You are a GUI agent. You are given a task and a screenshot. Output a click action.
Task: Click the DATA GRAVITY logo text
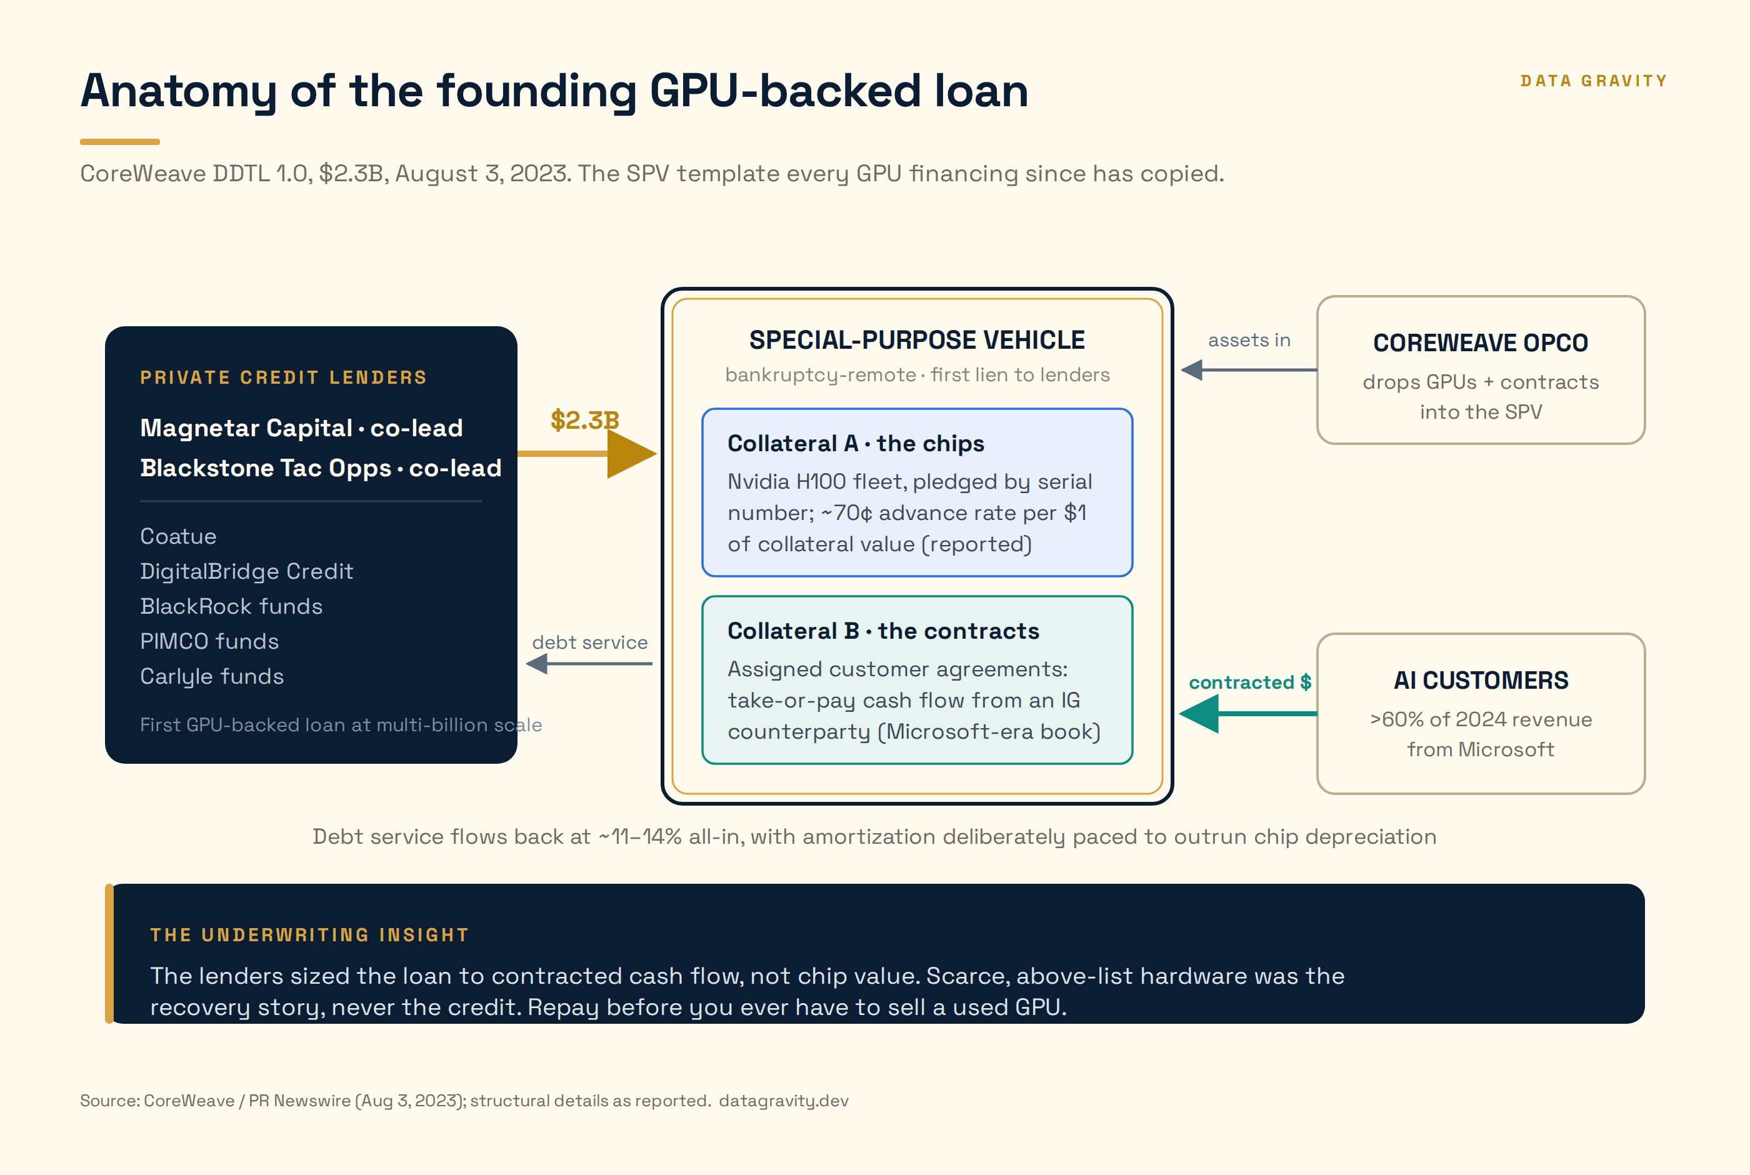click(1593, 81)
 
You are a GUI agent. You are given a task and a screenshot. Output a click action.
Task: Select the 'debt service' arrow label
click(589, 642)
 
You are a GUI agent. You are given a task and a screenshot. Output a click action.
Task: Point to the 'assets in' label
click(1249, 340)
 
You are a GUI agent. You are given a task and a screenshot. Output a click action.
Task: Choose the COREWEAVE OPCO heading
click(1480, 342)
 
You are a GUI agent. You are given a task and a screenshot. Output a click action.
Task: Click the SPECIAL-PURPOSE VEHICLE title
click(917, 339)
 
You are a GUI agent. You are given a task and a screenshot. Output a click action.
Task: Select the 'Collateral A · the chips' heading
click(856, 443)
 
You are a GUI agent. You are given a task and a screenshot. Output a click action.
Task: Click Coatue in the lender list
click(178, 536)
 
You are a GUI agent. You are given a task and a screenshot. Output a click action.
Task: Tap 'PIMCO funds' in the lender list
click(209, 641)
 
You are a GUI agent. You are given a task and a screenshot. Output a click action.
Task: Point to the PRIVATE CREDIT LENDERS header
click(283, 377)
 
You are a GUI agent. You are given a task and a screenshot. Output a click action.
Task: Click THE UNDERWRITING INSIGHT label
click(309, 934)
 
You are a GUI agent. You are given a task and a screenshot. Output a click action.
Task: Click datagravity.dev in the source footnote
click(784, 1101)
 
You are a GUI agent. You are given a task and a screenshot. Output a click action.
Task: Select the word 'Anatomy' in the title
click(178, 91)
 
